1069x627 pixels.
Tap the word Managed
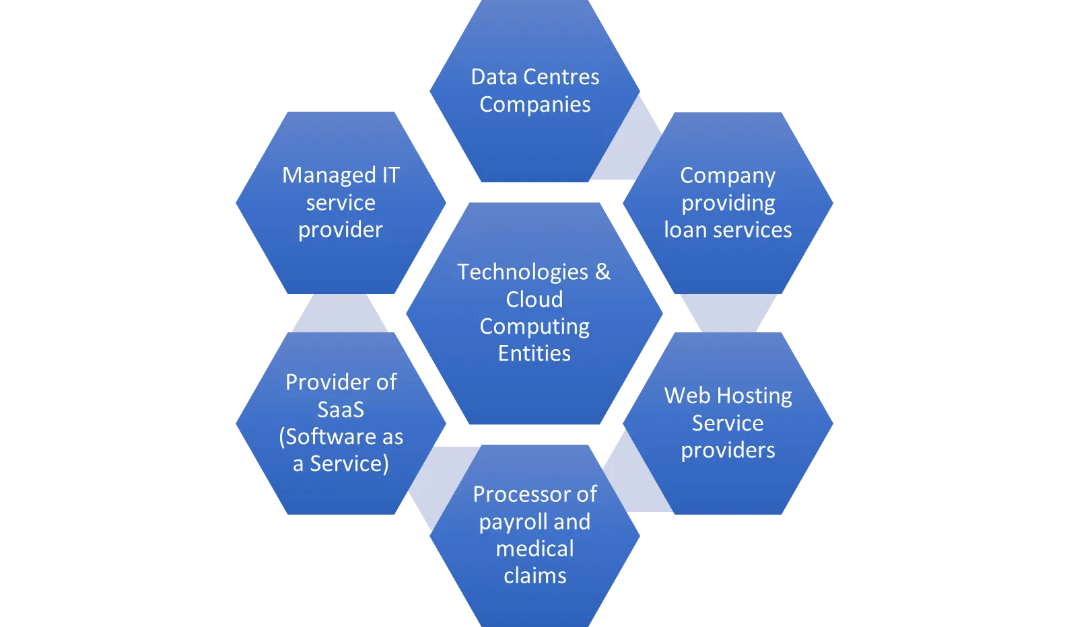click(329, 176)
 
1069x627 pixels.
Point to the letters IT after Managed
click(390, 175)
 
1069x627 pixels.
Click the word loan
click(685, 230)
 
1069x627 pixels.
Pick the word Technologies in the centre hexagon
click(522, 272)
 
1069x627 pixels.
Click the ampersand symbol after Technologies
click(602, 272)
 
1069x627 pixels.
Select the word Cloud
click(534, 299)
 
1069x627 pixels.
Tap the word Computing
click(534, 327)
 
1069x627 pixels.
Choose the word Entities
click(534, 354)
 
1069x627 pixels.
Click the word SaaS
click(341, 410)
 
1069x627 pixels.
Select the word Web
click(685, 396)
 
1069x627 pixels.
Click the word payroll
click(514, 523)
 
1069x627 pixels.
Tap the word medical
click(534, 549)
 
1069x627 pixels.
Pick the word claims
click(534, 576)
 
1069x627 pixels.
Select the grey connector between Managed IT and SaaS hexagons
click(340, 314)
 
